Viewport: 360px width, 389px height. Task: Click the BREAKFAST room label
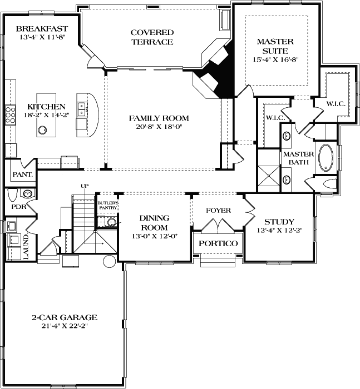click(x=42, y=29)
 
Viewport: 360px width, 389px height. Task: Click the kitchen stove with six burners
click(x=10, y=115)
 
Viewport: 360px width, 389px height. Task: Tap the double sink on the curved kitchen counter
click(x=82, y=107)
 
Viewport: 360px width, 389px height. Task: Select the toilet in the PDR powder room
click(x=26, y=193)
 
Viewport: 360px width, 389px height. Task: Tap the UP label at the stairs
click(x=85, y=186)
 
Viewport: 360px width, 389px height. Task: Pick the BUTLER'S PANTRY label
click(x=108, y=206)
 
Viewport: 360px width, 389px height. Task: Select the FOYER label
click(x=218, y=211)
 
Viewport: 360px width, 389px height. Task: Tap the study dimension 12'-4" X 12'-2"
click(x=279, y=230)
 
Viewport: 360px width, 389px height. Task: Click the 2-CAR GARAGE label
click(x=65, y=317)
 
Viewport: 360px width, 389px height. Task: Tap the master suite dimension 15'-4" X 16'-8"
click(x=275, y=59)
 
